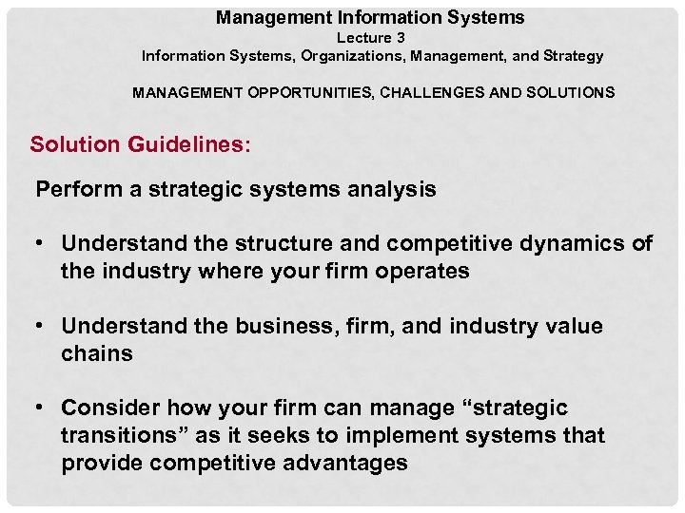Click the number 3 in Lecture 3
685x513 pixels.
pyautogui.click(x=400, y=38)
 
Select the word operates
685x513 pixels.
pyautogui.click(x=422, y=271)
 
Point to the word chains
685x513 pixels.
pyautogui.click(x=96, y=353)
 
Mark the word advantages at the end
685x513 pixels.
pyautogui.click(x=343, y=463)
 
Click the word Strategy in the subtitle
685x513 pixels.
pyautogui.click(x=574, y=56)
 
